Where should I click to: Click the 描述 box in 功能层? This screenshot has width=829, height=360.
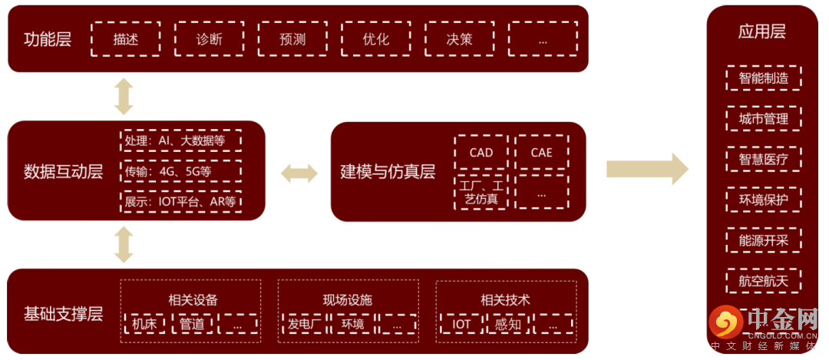126,39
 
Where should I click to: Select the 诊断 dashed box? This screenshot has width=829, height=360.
209,39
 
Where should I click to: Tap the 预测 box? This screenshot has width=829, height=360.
292,39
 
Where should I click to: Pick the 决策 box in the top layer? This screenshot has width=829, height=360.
459,39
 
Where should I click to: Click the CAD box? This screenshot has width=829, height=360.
481,152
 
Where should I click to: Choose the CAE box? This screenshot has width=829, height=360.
541,152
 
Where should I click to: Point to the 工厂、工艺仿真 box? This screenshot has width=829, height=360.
481,192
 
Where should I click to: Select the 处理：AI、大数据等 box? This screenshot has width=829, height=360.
181,141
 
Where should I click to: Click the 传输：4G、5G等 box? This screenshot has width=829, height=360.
181,171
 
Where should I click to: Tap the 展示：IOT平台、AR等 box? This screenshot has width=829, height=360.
181,202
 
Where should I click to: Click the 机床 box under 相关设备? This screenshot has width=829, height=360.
144,324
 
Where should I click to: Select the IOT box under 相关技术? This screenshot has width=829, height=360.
461,324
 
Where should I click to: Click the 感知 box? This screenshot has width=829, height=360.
507,324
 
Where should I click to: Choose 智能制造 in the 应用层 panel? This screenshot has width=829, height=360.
763,78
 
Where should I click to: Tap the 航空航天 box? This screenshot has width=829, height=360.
763,281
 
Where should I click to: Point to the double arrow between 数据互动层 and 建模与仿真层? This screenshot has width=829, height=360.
299,173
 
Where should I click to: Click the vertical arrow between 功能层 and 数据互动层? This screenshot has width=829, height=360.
124,96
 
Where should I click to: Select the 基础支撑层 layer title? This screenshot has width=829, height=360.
63,314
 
